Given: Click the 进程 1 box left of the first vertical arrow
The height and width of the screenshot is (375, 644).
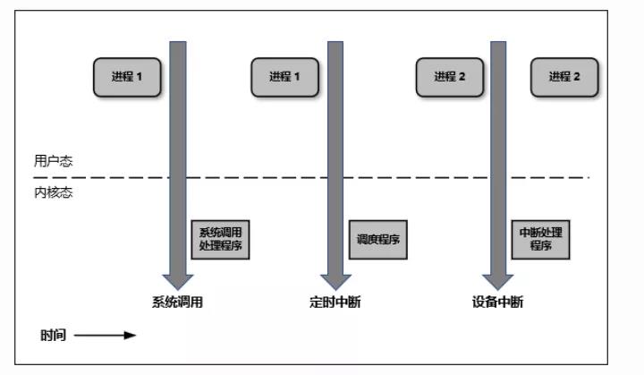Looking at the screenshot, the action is pyautogui.click(x=127, y=77).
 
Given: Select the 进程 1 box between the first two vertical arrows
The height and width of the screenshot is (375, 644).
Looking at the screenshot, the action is pyautogui.click(x=284, y=77).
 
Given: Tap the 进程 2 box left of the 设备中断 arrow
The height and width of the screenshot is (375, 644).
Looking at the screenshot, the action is pyautogui.click(x=450, y=77).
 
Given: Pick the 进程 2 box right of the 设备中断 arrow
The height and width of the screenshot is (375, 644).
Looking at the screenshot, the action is pyautogui.click(x=564, y=77).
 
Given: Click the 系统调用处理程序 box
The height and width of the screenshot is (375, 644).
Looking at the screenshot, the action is pyautogui.click(x=220, y=240).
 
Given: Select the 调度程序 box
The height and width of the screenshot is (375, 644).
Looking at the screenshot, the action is pyautogui.click(x=377, y=240).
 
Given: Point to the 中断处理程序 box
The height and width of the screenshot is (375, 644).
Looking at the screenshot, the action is pyautogui.click(x=540, y=240).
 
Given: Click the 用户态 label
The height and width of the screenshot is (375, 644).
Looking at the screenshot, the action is pyautogui.click(x=53, y=161).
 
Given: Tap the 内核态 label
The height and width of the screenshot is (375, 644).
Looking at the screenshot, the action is pyautogui.click(x=53, y=192).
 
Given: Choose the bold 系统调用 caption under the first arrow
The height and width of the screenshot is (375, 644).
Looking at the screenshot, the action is pyautogui.click(x=177, y=303).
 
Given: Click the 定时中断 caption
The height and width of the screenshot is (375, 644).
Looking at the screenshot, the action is pyautogui.click(x=335, y=303).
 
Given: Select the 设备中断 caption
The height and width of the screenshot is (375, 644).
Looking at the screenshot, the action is pyautogui.click(x=497, y=303).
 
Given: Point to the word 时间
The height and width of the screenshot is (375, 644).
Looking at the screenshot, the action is pyautogui.click(x=53, y=335).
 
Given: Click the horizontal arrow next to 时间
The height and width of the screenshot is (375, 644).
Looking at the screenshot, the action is pyautogui.click(x=105, y=335).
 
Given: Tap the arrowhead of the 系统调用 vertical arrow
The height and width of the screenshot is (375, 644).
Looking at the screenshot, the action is pyautogui.click(x=178, y=282).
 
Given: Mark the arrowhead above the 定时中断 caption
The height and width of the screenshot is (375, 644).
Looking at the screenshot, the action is pyautogui.click(x=335, y=282).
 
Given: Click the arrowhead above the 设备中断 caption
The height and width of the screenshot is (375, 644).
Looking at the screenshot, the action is pyautogui.click(x=498, y=282).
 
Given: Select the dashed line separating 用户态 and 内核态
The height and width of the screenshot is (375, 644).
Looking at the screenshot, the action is pyautogui.click(x=311, y=177).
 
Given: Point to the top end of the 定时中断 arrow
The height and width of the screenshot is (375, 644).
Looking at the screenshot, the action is pyautogui.click(x=335, y=41).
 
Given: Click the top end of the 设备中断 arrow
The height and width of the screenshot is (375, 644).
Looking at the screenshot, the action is pyautogui.click(x=498, y=41).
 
